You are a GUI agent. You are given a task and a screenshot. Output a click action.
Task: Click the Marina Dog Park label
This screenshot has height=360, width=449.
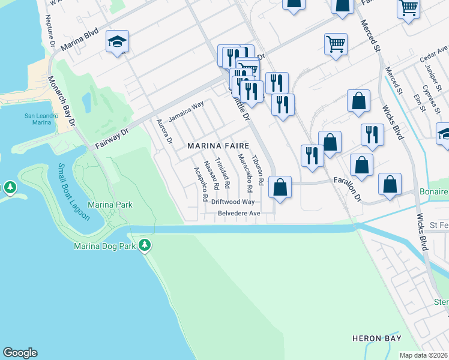click(x=105, y=245)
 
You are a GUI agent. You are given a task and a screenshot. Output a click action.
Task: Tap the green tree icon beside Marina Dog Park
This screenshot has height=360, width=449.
click(x=145, y=244)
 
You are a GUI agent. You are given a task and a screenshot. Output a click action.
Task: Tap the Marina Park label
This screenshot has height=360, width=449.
click(x=110, y=205)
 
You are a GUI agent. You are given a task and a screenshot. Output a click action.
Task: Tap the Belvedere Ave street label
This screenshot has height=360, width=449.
click(x=239, y=213)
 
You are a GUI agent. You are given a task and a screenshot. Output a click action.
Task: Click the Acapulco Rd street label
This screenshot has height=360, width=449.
click(x=200, y=183)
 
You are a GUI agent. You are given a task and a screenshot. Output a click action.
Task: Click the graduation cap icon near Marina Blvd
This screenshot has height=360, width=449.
click(x=118, y=41)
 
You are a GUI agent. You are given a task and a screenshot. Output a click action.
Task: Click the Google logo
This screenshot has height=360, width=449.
click(x=20, y=353)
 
